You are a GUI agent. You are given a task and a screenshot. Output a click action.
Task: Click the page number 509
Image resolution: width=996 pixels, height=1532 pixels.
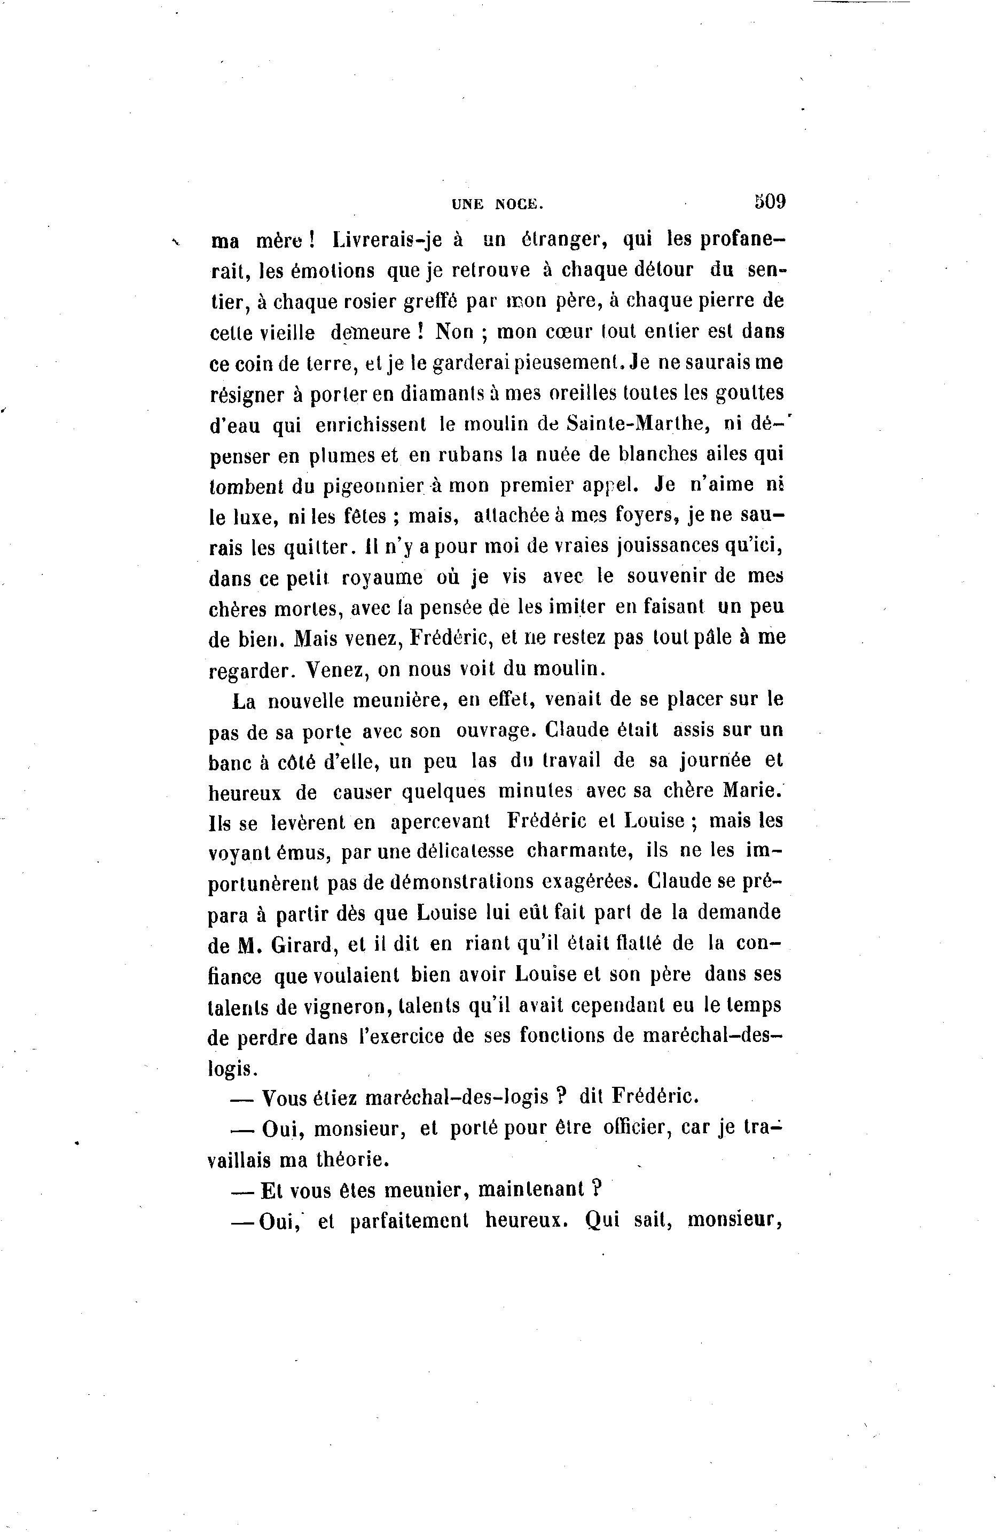click(770, 201)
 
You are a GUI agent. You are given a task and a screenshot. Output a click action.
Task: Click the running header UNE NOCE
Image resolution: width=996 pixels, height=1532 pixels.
click(497, 204)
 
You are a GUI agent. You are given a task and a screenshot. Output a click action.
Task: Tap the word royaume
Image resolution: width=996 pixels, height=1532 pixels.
click(382, 578)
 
